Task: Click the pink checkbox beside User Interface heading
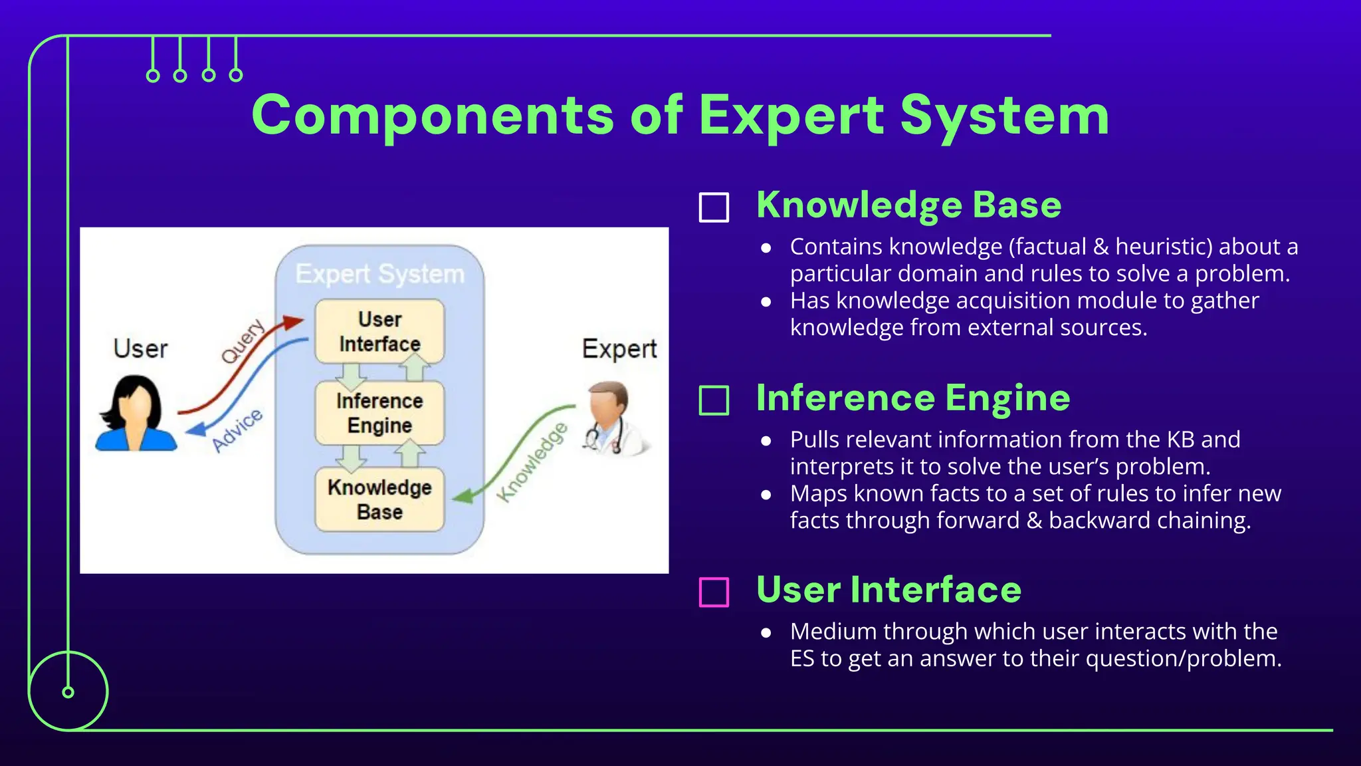(714, 592)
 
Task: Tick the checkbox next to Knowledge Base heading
(714, 207)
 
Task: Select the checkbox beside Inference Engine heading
(714, 400)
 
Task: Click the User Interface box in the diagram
(379, 331)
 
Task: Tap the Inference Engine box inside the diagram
(379, 413)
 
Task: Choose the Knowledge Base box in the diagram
(379, 499)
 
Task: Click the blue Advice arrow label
(237, 430)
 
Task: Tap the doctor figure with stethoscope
(613, 419)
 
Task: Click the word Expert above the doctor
(619, 349)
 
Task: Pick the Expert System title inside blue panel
(379, 274)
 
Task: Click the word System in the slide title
(1004, 116)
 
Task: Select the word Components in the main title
(433, 116)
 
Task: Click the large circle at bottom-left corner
(68, 692)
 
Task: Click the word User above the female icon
(140, 349)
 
